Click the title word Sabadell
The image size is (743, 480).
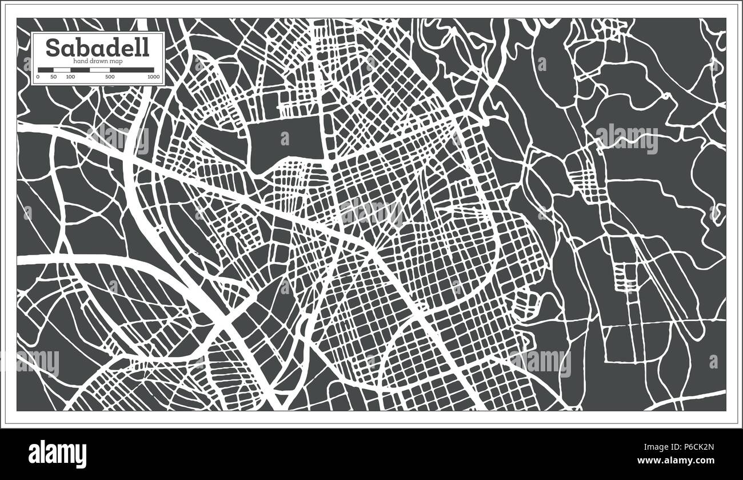pyautogui.click(x=97, y=48)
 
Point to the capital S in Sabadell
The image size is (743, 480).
pyautogui.click(x=51, y=48)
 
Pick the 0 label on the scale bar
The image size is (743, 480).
pyautogui.click(x=38, y=76)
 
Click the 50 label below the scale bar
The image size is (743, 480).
pyautogui.click(x=53, y=76)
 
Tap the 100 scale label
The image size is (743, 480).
pyautogui.click(x=70, y=76)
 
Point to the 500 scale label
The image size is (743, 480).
pyautogui.click(x=110, y=76)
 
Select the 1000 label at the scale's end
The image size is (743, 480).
pyautogui.click(x=153, y=76)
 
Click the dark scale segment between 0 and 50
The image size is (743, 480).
pyautogui.click(x=45, y=70)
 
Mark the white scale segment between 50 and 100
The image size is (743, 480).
pyautogui.click(x=61, y=70)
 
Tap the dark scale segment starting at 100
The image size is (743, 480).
pyautogui.click(x=80, y=70)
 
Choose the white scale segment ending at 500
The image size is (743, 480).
pyautogui.click(x=100, y=70)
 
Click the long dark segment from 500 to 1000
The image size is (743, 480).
pyautogui.click(x=132, y=70)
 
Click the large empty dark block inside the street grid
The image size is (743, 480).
pyautogui.click(x=286, y=139)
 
